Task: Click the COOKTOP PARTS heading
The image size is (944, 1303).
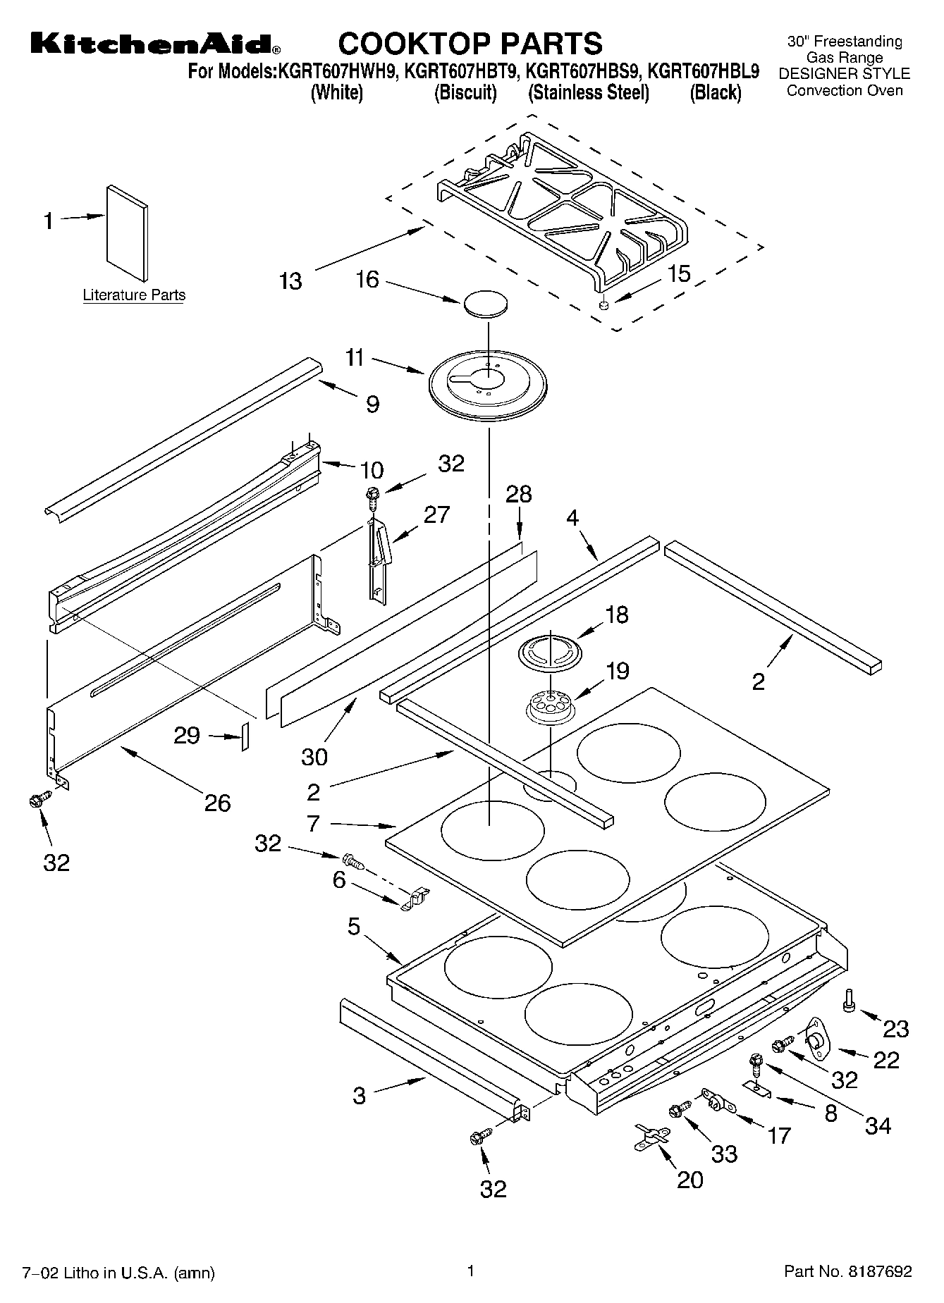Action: pos(470,43)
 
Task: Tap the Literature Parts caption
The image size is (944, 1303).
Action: pos(134,295)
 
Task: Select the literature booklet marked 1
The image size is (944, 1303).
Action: pos(128,233)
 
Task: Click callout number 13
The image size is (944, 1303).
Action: pos(290,281)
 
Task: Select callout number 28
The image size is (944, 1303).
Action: pos(519,494)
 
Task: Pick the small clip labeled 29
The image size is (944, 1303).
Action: pos(245,736)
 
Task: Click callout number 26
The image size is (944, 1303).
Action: pos(217,803)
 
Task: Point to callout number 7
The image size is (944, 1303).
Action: pos(314,823)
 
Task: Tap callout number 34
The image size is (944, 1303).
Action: pos(878,1125)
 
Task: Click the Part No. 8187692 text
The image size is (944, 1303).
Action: pos(848,1272)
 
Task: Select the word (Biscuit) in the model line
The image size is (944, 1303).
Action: pos(465,92)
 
